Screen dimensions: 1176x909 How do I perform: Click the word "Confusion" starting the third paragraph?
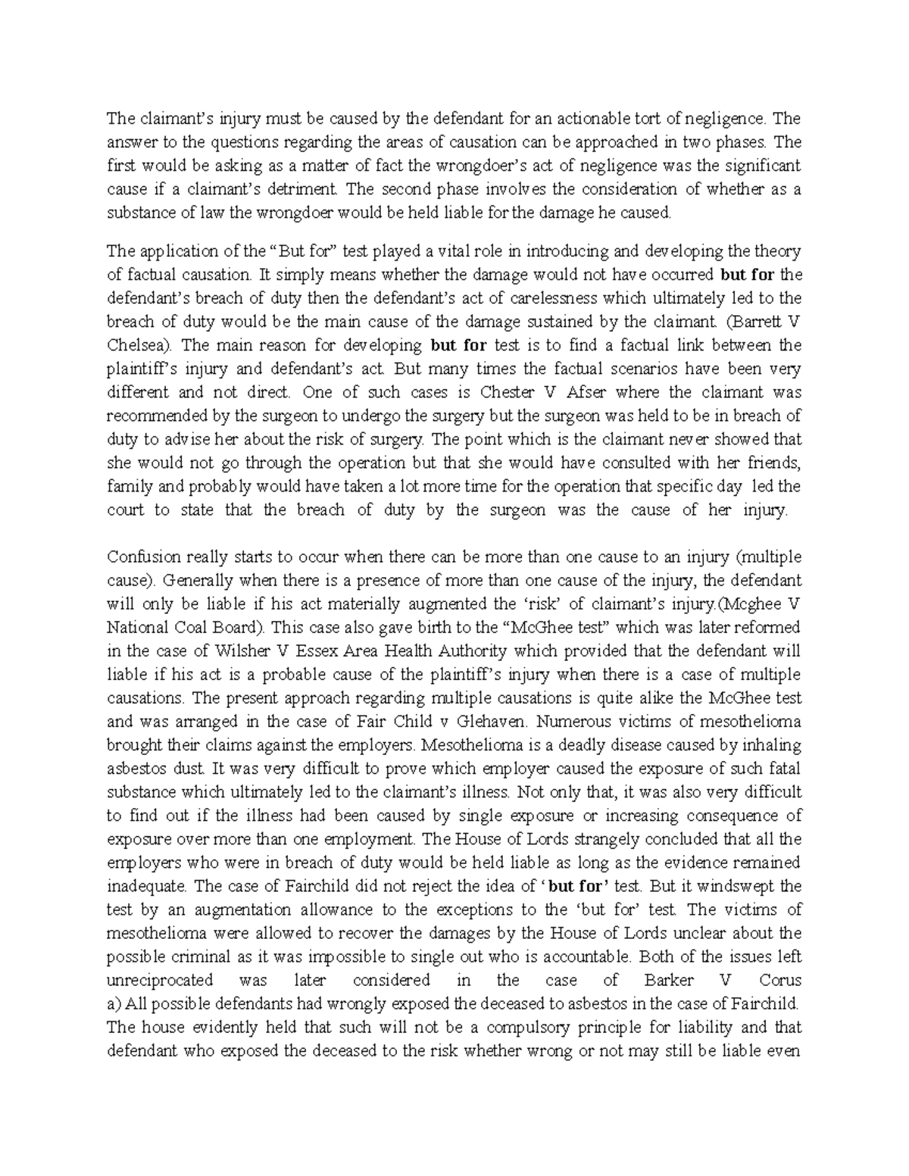coord(143,557)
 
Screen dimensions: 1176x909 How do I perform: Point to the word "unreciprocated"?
coord(160,980)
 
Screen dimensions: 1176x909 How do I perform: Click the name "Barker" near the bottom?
coord(668,980)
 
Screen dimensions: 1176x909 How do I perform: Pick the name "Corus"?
coord(780,980)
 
